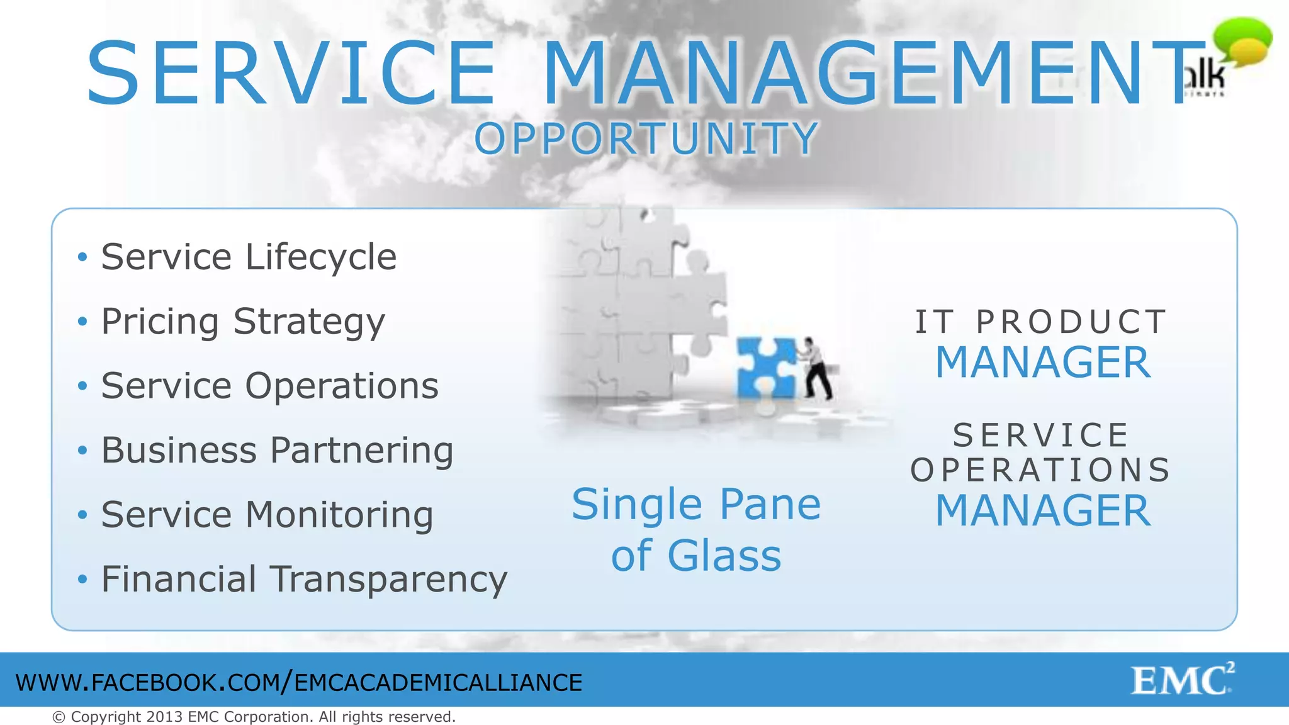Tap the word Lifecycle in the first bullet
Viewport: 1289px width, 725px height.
(x=321, y=257)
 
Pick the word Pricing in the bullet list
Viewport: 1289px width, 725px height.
(x=160, y=322)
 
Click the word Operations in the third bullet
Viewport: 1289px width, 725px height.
(x=342, y=386)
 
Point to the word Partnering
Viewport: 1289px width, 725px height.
(x=362, y=451)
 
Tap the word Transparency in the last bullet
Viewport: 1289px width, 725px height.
(x=388, y=580)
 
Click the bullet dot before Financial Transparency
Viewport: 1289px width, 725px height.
(x=82, y=579)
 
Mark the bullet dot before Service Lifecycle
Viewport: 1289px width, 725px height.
(x=82, y=257)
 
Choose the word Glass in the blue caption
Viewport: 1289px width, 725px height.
(x=724, y=556)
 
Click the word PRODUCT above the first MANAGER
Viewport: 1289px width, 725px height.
(x=1071, y=322)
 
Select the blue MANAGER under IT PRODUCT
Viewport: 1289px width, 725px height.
(x=1043, y=362)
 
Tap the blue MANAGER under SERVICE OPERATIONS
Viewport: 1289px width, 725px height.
(x=1043, y=510)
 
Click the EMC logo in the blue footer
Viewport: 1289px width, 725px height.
(x=1182, y=680)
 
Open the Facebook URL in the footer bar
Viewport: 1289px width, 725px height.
(x=299, y=683)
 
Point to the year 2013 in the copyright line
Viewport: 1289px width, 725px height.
(x=165, y=717)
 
